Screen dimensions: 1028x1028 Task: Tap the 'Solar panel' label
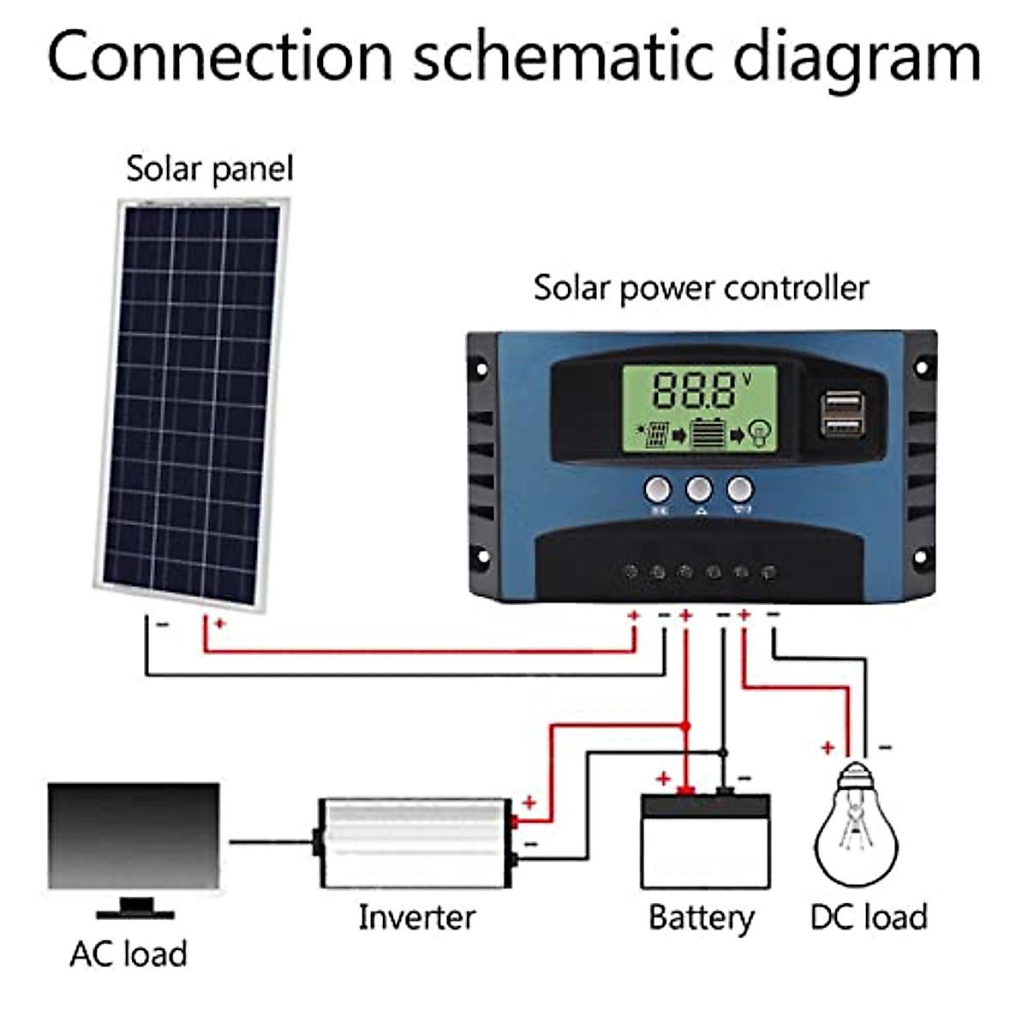(209, 169)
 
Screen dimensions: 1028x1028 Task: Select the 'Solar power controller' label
(700, 288)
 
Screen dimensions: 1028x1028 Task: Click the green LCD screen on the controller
(699, 409)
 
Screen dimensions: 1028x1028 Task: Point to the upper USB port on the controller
(841, 402)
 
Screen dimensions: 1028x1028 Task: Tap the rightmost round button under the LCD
(739, 490)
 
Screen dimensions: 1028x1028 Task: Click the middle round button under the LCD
(699, 490)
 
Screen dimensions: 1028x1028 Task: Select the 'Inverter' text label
(416, 917)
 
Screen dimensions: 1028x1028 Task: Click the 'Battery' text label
(701, 917)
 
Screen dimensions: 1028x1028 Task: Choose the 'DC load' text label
(869, 917)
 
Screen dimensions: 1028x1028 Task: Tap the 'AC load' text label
(128, 953)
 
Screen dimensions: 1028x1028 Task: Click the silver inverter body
(415, 843)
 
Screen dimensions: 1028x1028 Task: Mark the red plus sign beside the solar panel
(219, 624)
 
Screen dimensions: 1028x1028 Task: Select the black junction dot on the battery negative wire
(723, 753)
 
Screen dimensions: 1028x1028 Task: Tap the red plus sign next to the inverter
(529, 803)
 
